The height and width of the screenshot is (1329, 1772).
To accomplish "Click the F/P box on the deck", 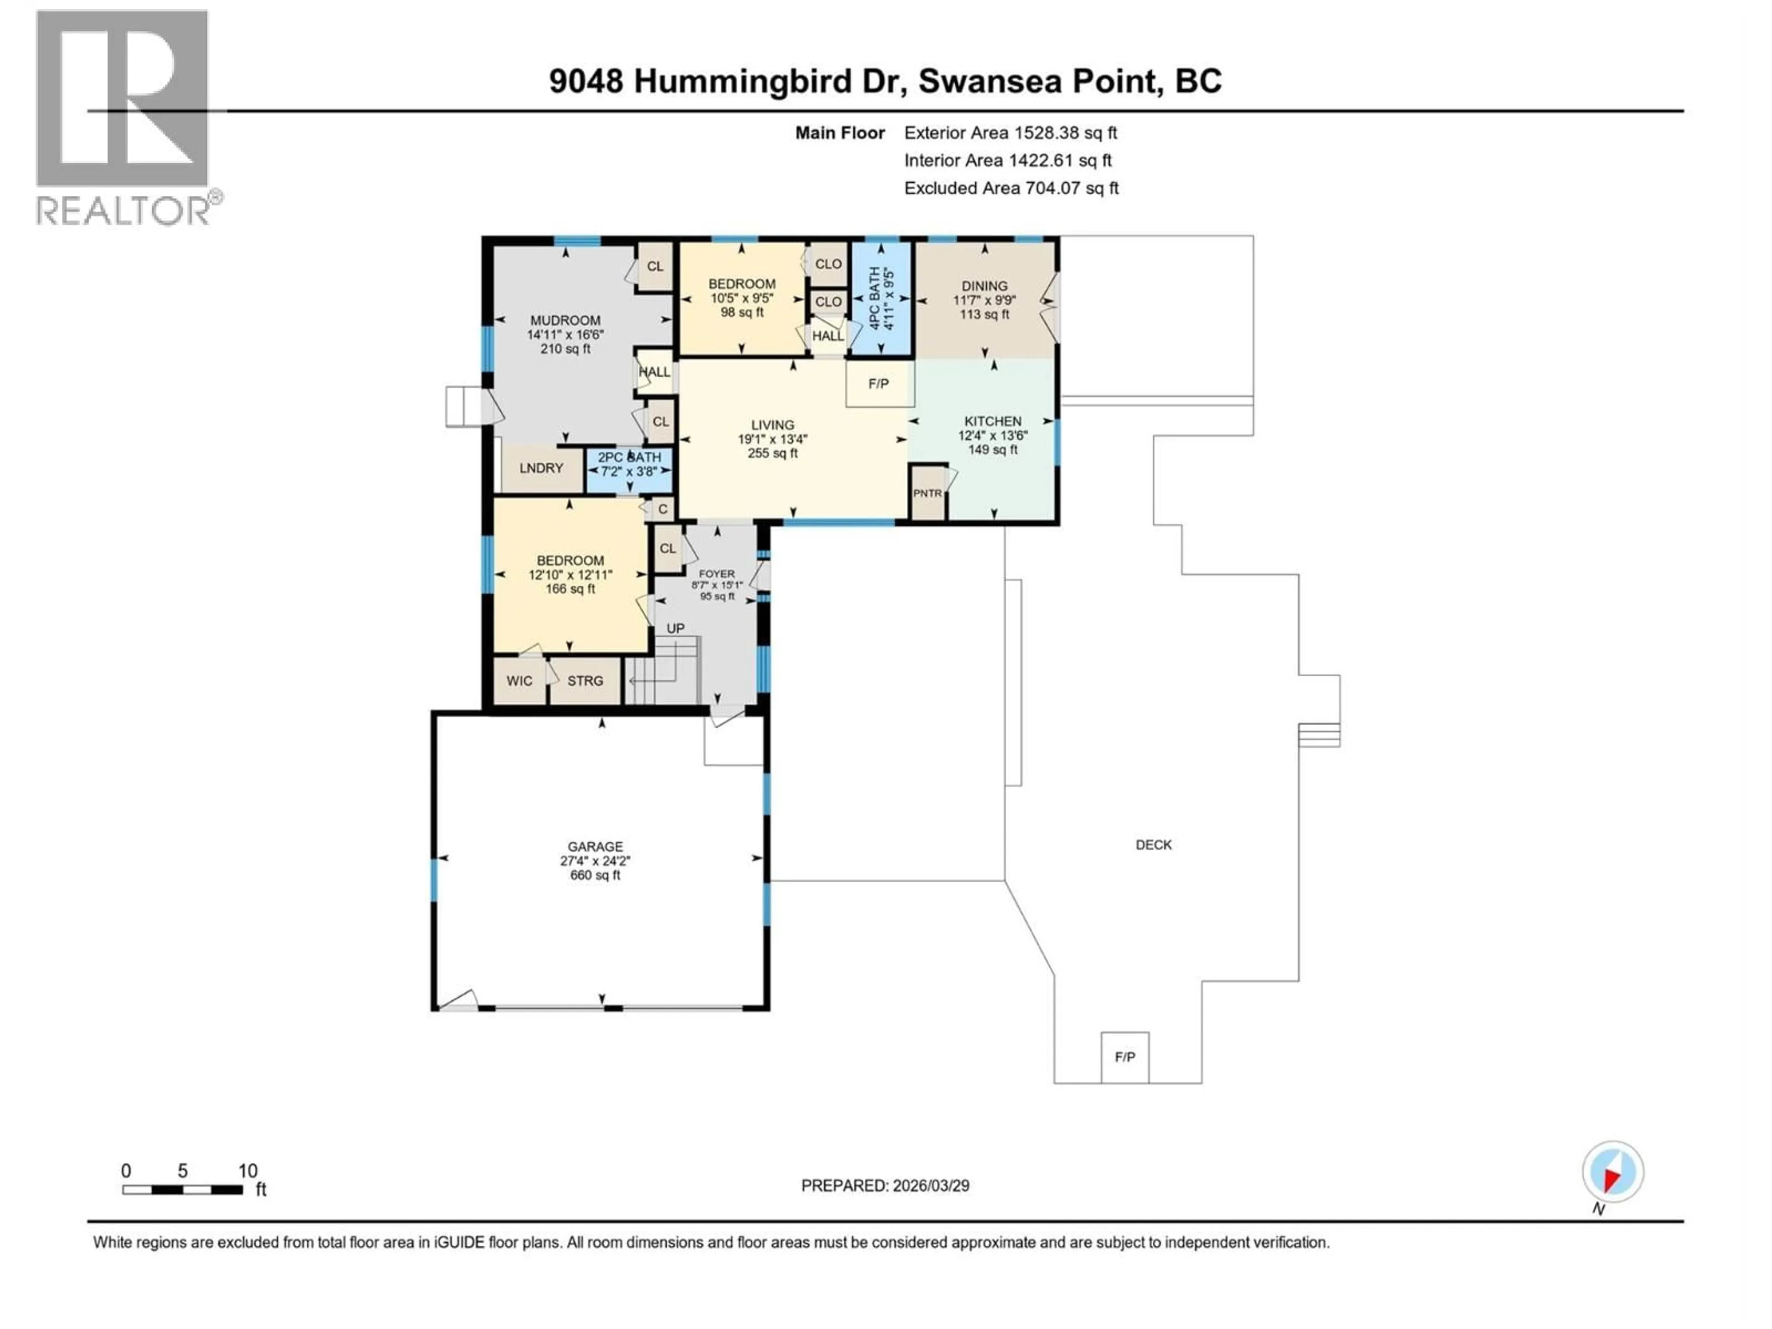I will point(1125,1057).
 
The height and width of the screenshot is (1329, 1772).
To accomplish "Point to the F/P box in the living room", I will point(879,384).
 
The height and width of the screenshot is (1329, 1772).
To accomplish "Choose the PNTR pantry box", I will point(928,493).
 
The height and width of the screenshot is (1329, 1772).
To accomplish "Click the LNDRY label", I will point(542,468).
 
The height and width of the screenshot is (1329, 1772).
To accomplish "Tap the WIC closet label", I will point(519,681).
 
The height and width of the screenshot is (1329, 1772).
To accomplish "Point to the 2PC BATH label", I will point(629,457).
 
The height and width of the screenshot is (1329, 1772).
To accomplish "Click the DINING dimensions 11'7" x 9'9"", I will point(985,300).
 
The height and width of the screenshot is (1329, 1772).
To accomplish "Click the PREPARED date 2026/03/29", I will point(885,1185).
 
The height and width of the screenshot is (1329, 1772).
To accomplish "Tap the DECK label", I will point(1154,845).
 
